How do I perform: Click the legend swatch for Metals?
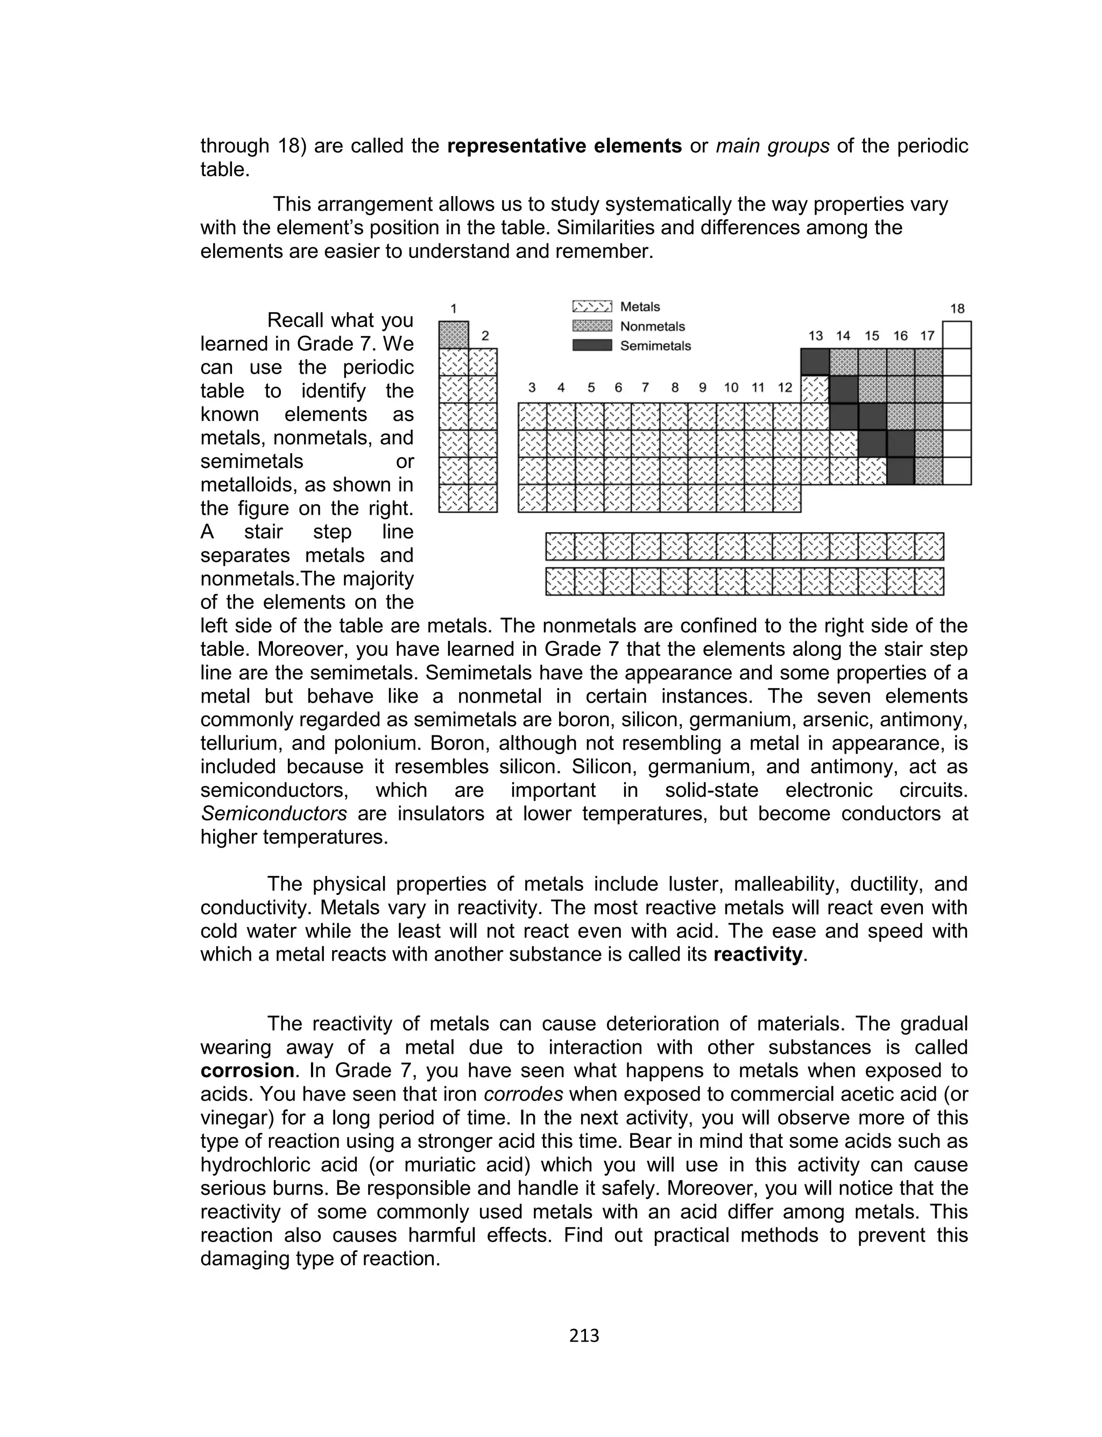pos(592,306)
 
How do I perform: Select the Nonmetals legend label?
pos(652,326)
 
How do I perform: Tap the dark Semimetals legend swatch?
pos(592,345)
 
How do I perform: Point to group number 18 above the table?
pos(957,309)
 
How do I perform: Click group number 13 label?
pos(815,336)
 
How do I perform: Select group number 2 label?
pos(485,336)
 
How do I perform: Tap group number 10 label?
pos(731,388)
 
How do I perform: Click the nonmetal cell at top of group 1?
pos(453,335)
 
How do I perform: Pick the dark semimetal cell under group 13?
pos(815,362)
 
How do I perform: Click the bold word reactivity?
pos(758,954)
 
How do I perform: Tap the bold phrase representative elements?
pos(564,146)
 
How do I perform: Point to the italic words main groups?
pos(772,146)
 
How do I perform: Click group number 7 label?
pos(646,388)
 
